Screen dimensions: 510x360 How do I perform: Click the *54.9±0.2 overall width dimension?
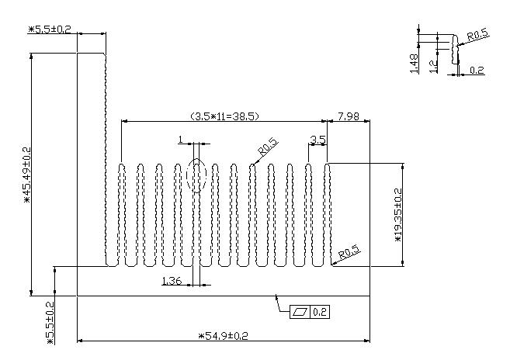coord(223,335)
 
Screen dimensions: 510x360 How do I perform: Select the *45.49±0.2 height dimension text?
coord(27,175)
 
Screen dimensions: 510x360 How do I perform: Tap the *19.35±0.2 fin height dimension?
coord(398,215)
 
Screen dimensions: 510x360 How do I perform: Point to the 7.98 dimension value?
coord(349,116)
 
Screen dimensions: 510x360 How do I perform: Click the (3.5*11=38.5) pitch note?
coord(224,116)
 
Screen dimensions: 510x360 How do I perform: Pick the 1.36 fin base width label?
coord(172,281)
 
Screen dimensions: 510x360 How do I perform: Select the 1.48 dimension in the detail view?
coord(414,64)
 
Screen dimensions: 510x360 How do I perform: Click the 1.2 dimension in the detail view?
coord(434,67)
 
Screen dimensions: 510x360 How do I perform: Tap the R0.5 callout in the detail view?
coord(478,34)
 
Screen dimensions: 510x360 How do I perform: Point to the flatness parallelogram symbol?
coord(300,312)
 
